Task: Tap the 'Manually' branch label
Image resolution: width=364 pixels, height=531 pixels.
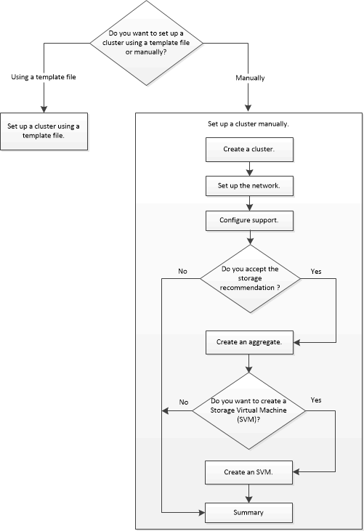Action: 251,77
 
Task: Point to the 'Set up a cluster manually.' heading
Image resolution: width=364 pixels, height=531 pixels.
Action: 248,123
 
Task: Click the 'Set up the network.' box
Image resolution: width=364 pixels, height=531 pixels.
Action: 249,185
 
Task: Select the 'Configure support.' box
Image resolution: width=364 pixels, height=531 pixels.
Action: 249,219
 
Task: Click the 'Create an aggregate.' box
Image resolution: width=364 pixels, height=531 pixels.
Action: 249,340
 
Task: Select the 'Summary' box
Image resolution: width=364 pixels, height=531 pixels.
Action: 249,513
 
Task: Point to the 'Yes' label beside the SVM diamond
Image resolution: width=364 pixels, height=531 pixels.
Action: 315,400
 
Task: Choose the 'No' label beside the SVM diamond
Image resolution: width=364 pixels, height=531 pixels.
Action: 183,401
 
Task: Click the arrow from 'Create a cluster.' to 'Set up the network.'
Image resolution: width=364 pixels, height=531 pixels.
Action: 249,170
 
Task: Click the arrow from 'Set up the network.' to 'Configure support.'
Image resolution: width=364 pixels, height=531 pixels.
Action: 249,203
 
